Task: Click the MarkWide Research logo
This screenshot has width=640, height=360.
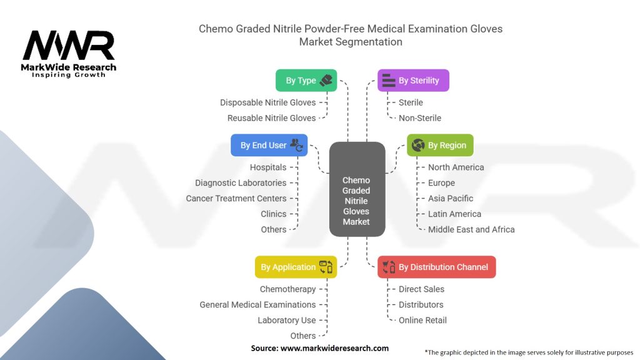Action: pos(69,54)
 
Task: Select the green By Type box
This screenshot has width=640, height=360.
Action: pos(306,81)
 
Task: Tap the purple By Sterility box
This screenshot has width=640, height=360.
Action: pos(413,81)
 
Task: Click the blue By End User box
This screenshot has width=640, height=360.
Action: pos(269,146)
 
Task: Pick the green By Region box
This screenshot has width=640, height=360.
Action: pos(440,146)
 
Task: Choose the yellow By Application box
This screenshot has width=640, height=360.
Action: pos(296,267)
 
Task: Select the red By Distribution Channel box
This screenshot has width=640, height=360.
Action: pos(436,267)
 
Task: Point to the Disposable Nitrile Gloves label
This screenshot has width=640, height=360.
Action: pos(267,102)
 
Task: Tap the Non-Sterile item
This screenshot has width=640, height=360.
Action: pos(419,118)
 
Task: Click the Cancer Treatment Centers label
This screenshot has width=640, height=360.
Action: pos(236,199)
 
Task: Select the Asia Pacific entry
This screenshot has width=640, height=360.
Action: pos(450,199)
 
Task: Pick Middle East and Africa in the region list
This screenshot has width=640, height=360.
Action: pos(471,229)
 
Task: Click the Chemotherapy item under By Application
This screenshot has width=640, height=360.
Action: pos(287,289)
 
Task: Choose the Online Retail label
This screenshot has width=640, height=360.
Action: pos(422,321)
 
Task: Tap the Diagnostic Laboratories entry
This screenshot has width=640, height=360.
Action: pos(241,183)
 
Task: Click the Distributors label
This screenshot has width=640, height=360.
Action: pos(421,305)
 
